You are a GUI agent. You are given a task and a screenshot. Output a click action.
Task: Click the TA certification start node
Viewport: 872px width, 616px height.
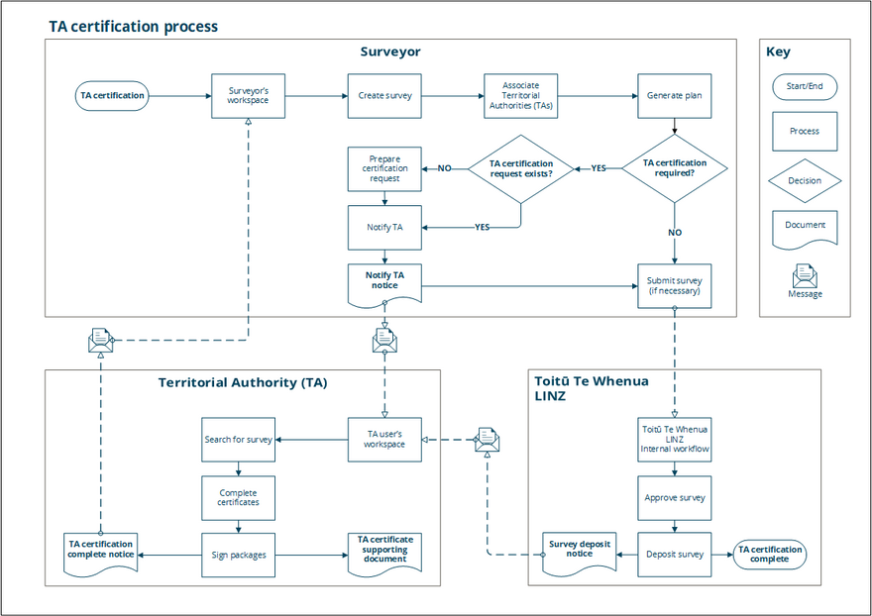click(x=112, y=96)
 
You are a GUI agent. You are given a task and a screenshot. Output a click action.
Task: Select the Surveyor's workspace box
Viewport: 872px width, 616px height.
click(x=249, y=96)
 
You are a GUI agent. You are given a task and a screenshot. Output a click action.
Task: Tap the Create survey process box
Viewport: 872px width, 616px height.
click(x=384, y=96)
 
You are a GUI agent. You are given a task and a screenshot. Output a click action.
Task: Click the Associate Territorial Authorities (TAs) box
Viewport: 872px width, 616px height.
click(x=521, y=96)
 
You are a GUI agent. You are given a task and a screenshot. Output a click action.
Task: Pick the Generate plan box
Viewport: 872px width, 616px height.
click(x=674, y=96)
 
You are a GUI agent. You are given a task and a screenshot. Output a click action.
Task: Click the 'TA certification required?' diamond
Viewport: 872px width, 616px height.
click(x=674, y=168)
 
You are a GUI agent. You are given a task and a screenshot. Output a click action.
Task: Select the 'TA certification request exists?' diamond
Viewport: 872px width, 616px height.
click(x=521, y=168)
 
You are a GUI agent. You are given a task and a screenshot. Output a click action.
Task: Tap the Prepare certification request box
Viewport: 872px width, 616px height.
click(x=384, y=168)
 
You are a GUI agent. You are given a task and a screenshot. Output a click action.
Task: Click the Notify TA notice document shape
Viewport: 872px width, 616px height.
click(x=384, y=281)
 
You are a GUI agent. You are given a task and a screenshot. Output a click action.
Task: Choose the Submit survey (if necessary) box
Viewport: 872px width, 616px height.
click(x=674, y=285)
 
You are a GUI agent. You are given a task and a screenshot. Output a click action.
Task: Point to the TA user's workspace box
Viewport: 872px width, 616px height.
click(x=384, y=439)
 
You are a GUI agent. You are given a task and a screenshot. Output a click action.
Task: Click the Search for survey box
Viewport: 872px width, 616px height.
click(x=238, y=439)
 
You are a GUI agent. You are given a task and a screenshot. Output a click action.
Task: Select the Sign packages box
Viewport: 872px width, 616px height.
click(x=238, y=555)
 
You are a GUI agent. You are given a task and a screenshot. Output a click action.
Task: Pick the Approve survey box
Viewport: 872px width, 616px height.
click(x=674, y=497)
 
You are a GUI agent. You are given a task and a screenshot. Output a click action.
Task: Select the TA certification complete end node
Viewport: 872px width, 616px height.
click(x=769, y=555)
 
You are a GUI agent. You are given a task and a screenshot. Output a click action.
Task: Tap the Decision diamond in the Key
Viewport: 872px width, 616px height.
click(x=805, y=181)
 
